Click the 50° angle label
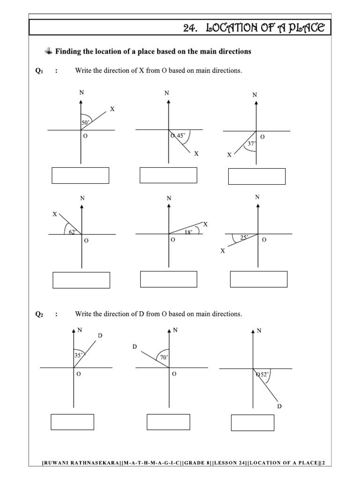85,123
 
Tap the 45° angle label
181,136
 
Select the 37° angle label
252,144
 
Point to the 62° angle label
73,231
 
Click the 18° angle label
188,231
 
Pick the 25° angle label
244,238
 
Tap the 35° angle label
78,355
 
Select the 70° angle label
164,357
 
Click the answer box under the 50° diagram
80,175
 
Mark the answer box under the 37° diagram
256,176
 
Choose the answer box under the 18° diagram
169,278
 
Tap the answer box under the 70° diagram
168,422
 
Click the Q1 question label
39,71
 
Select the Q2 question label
39,314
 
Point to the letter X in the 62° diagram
55,214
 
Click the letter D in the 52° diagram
279,406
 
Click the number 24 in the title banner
189,29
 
